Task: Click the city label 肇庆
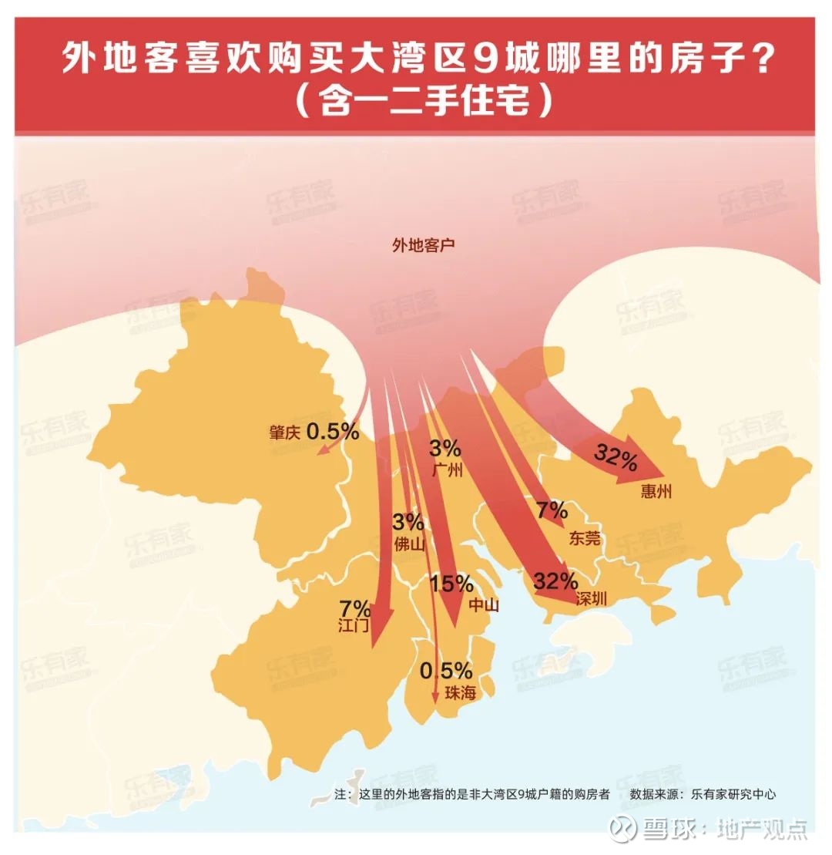coord(283,433)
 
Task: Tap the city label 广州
coord(447,470)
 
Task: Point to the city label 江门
coord(354,625)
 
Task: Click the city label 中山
coord(484,605)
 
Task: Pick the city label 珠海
coord(460,694)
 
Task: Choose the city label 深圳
coord(592,599)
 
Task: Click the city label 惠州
coord(656,492)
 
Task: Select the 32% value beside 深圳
coord(555,581)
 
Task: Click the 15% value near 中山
coord(452,584)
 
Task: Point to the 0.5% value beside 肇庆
coord(333,432)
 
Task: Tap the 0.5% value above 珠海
coord(446,670)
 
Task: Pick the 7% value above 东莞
coord(552,510)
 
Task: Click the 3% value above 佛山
coord(408,521)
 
